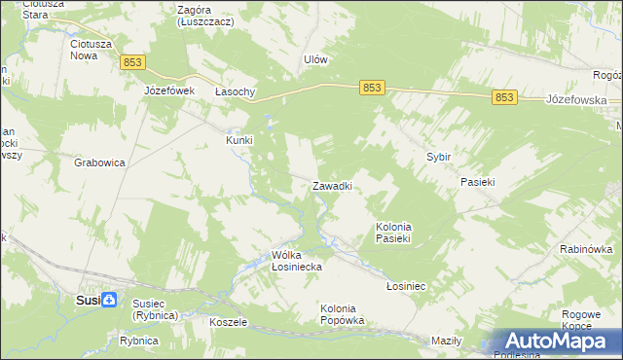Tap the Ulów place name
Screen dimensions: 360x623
314,58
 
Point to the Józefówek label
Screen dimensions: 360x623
170,90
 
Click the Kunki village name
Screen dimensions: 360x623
239,140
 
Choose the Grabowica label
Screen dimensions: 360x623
99,162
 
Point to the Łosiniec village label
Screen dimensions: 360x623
407,286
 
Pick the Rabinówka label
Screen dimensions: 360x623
586,249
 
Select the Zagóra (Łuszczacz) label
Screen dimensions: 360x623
201,16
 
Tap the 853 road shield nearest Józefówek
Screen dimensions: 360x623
133,62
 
